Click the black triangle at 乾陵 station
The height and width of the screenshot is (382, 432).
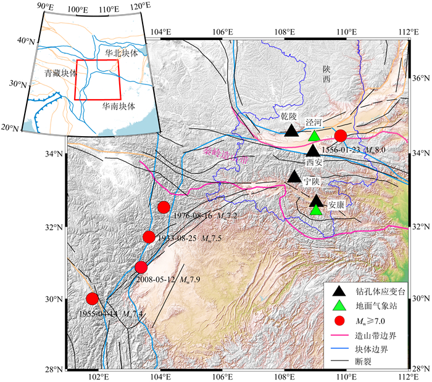tap(292, 131)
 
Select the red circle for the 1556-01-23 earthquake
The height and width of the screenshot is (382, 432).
tap(340, 136)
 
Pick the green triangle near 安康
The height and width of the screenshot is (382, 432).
tap(316, 210)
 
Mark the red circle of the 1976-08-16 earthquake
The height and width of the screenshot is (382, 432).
tap(164, 207)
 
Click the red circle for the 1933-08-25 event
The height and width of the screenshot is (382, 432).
tap(149, 237)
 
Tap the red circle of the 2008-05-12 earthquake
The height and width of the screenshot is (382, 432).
tap(141, 267)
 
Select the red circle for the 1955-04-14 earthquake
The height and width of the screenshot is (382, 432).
tap(93, 299)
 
